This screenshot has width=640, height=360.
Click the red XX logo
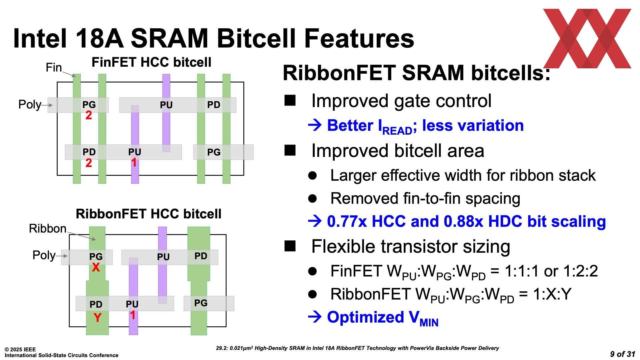(x=587, y=38)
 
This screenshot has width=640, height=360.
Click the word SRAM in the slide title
(x=170, y=38)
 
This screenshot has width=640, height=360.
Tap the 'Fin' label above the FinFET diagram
(x=54, y=68)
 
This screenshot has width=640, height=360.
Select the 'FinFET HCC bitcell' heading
(x=151, y=62)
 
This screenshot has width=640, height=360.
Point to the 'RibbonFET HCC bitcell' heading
(x=149, y=214)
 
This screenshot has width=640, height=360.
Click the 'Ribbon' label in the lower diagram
(x=48, y=229)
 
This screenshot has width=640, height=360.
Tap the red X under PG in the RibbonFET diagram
(x=96, y=267)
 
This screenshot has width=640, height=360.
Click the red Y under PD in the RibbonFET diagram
(x=97, y=318)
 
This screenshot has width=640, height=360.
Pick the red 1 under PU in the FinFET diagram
(x=134, y=163)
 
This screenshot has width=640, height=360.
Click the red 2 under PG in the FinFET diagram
(x=89, y=115)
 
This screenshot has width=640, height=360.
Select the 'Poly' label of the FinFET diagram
(x=30, y=104)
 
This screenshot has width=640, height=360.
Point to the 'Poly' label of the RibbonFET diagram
(x=44, y=255)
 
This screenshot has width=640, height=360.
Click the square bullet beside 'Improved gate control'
(x=290, y=100)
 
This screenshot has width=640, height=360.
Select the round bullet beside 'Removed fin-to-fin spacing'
(x=312, y=199)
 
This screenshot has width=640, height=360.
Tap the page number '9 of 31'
(x=623, y=354)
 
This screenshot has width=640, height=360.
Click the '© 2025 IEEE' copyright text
(x=20, y=350)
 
